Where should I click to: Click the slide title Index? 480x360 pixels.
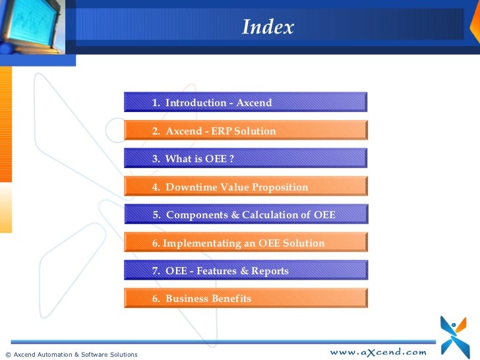(267, 28)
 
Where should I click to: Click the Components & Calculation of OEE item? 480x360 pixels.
(244, 215)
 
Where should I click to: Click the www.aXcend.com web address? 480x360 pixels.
(378, 352)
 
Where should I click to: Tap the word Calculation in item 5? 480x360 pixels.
(272, 215)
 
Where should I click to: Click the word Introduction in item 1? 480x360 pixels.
(195, 103)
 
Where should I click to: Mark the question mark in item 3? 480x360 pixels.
(231, 159)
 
